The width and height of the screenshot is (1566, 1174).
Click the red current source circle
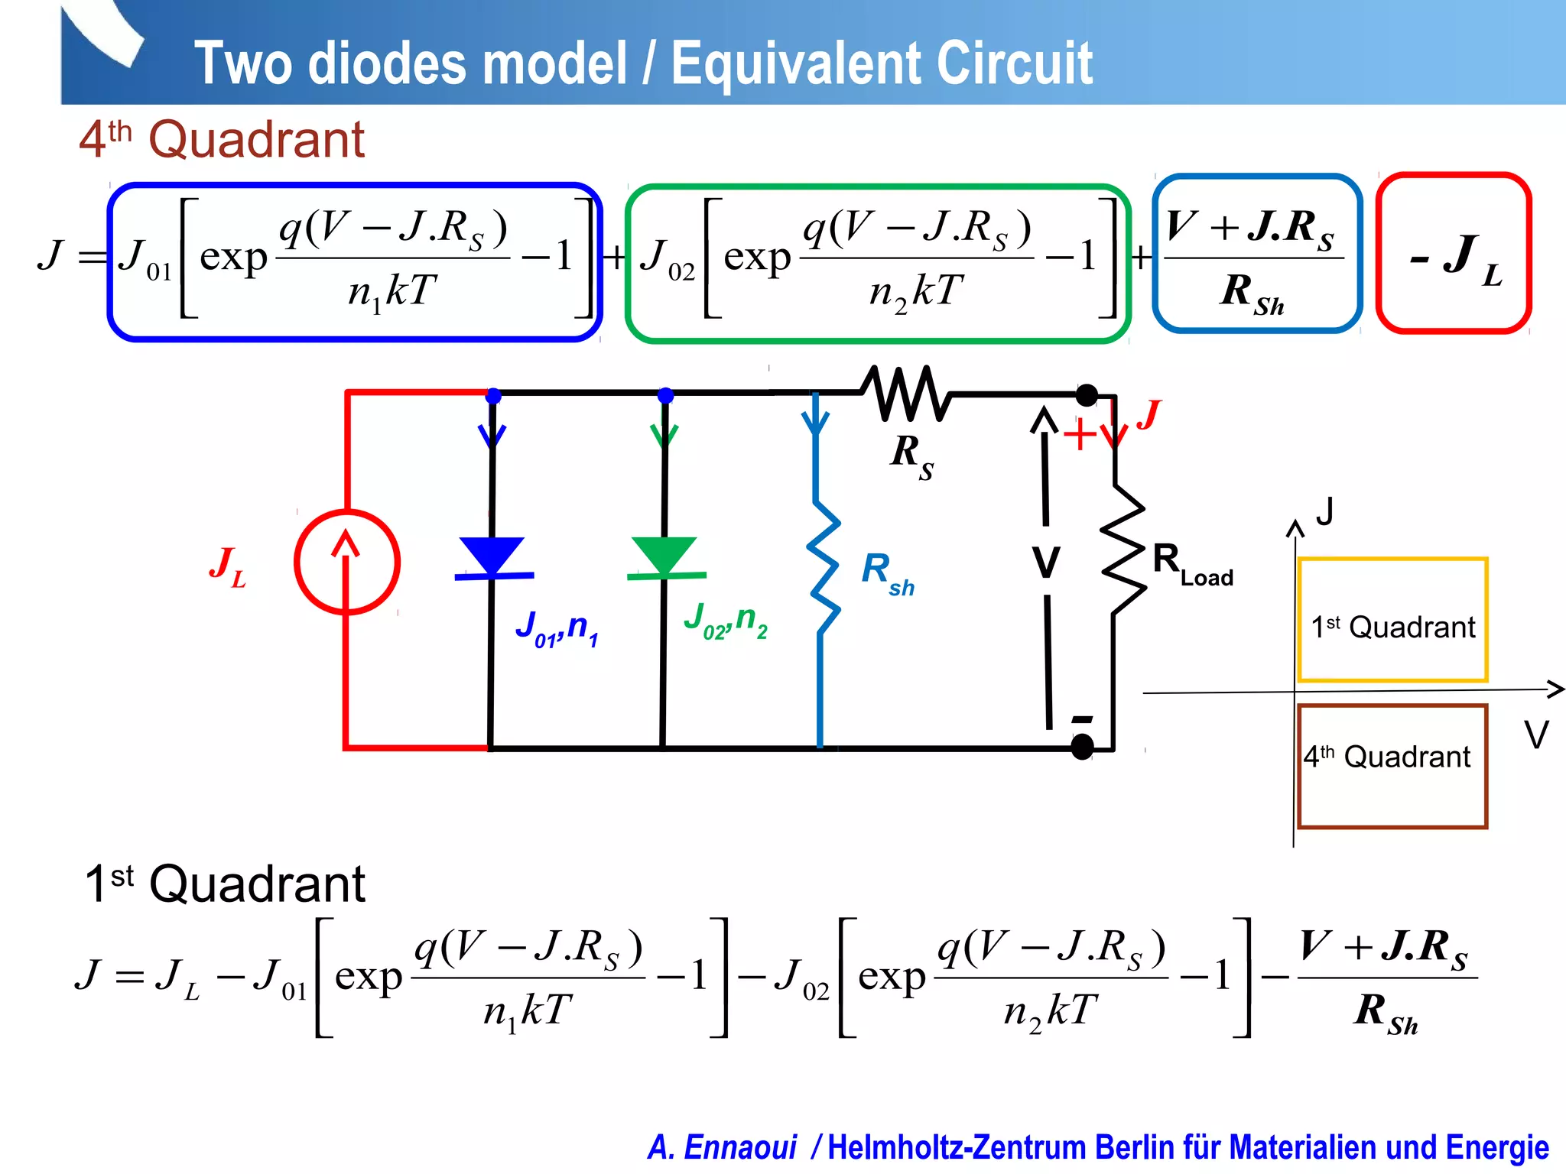point(347,562)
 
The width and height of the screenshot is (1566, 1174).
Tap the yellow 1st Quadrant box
point(1392,620)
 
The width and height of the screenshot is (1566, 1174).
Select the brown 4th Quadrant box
point(1392,766)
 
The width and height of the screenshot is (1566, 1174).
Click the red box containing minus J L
point(1454,253)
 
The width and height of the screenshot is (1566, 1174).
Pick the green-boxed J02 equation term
point(877,263)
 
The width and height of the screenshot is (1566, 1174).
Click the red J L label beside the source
point(228,567)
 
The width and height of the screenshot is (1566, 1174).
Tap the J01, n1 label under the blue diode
point(557,629)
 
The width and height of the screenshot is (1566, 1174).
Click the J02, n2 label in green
point(725,621)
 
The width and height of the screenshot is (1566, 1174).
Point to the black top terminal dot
point(1087,395)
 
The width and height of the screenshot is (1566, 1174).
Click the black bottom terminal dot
point(1082,747)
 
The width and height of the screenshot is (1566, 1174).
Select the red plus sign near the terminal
point(1080,435)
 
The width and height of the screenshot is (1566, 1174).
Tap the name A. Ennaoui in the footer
point(722,1147)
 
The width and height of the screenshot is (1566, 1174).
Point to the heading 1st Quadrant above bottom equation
point(225,884)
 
